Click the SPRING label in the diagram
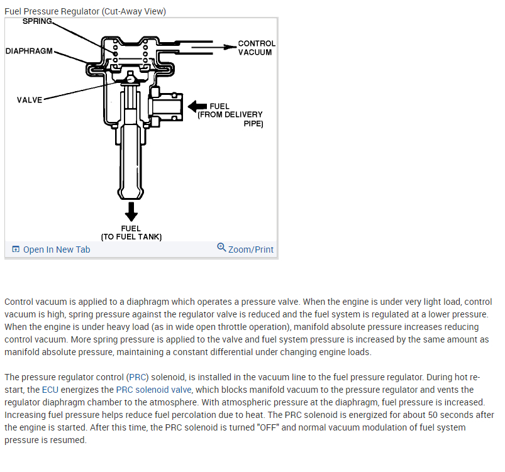(37, 21)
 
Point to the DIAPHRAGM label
(30, 50)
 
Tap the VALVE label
(30, 100)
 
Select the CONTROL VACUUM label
(256, 48)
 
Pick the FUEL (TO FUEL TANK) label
(131, 233)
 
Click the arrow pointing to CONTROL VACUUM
(214, 46)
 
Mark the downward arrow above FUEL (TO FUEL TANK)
(131, 211)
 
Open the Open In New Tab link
(57, 250)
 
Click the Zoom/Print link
(251, 250)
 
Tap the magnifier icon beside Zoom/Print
(221, 248)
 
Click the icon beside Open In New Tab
(16, 250)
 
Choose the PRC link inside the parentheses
(136, 377)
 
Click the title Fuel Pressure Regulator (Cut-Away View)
(85, 11)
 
